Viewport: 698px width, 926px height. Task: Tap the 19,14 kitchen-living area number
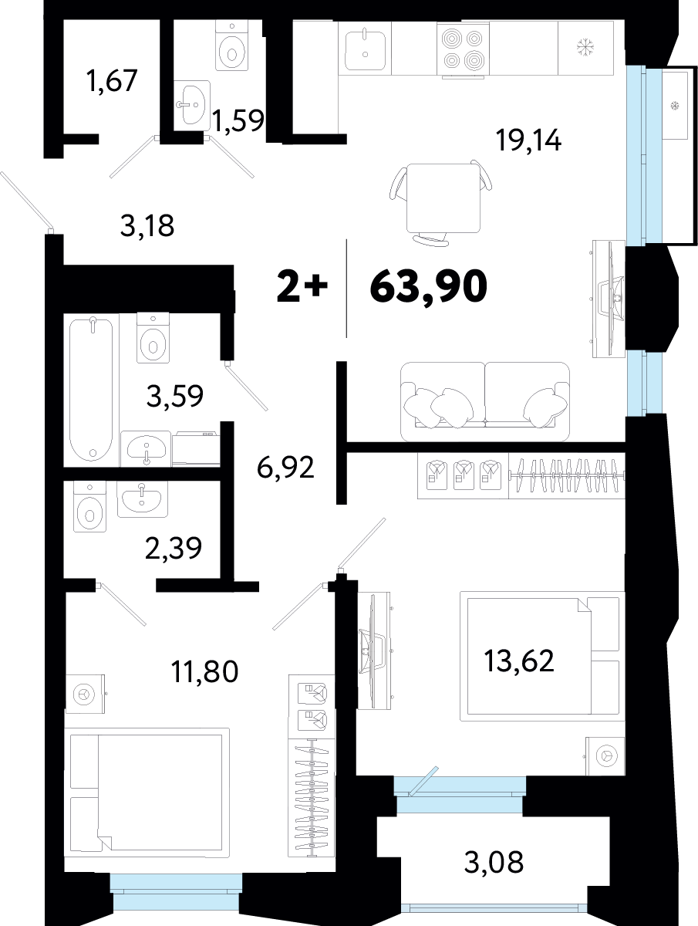click(x=528, y=140)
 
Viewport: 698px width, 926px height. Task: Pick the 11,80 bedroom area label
click(x=205, y=671)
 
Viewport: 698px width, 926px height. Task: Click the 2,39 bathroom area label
click(x=174, y=549)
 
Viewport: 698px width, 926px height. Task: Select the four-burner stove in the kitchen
click(x=463, y=50)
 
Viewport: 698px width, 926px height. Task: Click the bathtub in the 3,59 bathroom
click(x=91, y=390)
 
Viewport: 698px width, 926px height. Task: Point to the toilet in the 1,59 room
click(x=231, y=46)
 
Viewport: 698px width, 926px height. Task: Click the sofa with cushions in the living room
click(x=484, y=401)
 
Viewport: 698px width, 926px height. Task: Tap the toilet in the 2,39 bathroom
click(x=89, y=507)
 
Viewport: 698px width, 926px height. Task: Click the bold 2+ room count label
click(x=302, y=288)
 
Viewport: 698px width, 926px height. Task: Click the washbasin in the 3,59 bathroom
click(x=146, y=448)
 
